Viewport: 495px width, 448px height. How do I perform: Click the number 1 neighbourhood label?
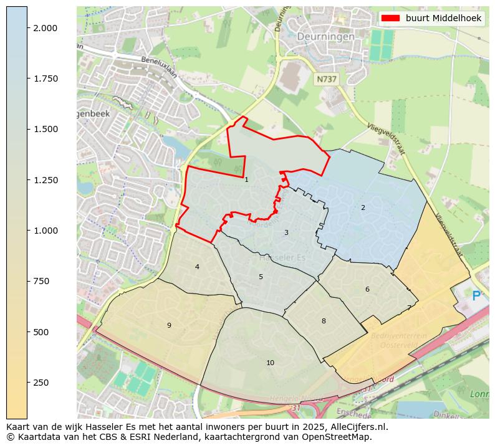pos(246,179)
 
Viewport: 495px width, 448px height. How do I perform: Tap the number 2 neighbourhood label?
pos(363,207)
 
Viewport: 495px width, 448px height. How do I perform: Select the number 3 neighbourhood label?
pos(286,232)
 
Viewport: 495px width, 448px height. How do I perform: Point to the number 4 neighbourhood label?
pos(197,267)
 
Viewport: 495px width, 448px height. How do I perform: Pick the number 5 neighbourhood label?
pos(261,277)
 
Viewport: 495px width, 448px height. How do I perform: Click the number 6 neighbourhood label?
pos(367,289)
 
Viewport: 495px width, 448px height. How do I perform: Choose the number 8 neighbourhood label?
pos(323,321)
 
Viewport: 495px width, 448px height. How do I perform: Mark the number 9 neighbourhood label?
pos(168,325)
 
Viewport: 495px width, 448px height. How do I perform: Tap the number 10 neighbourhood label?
pos(270,363)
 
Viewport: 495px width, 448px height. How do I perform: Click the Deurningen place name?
pos(325,37)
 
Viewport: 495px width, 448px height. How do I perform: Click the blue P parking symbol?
pos(476,296)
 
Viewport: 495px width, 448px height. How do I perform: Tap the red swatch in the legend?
pos(391,19)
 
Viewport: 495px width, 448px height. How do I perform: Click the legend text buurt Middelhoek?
pos(443,19)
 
